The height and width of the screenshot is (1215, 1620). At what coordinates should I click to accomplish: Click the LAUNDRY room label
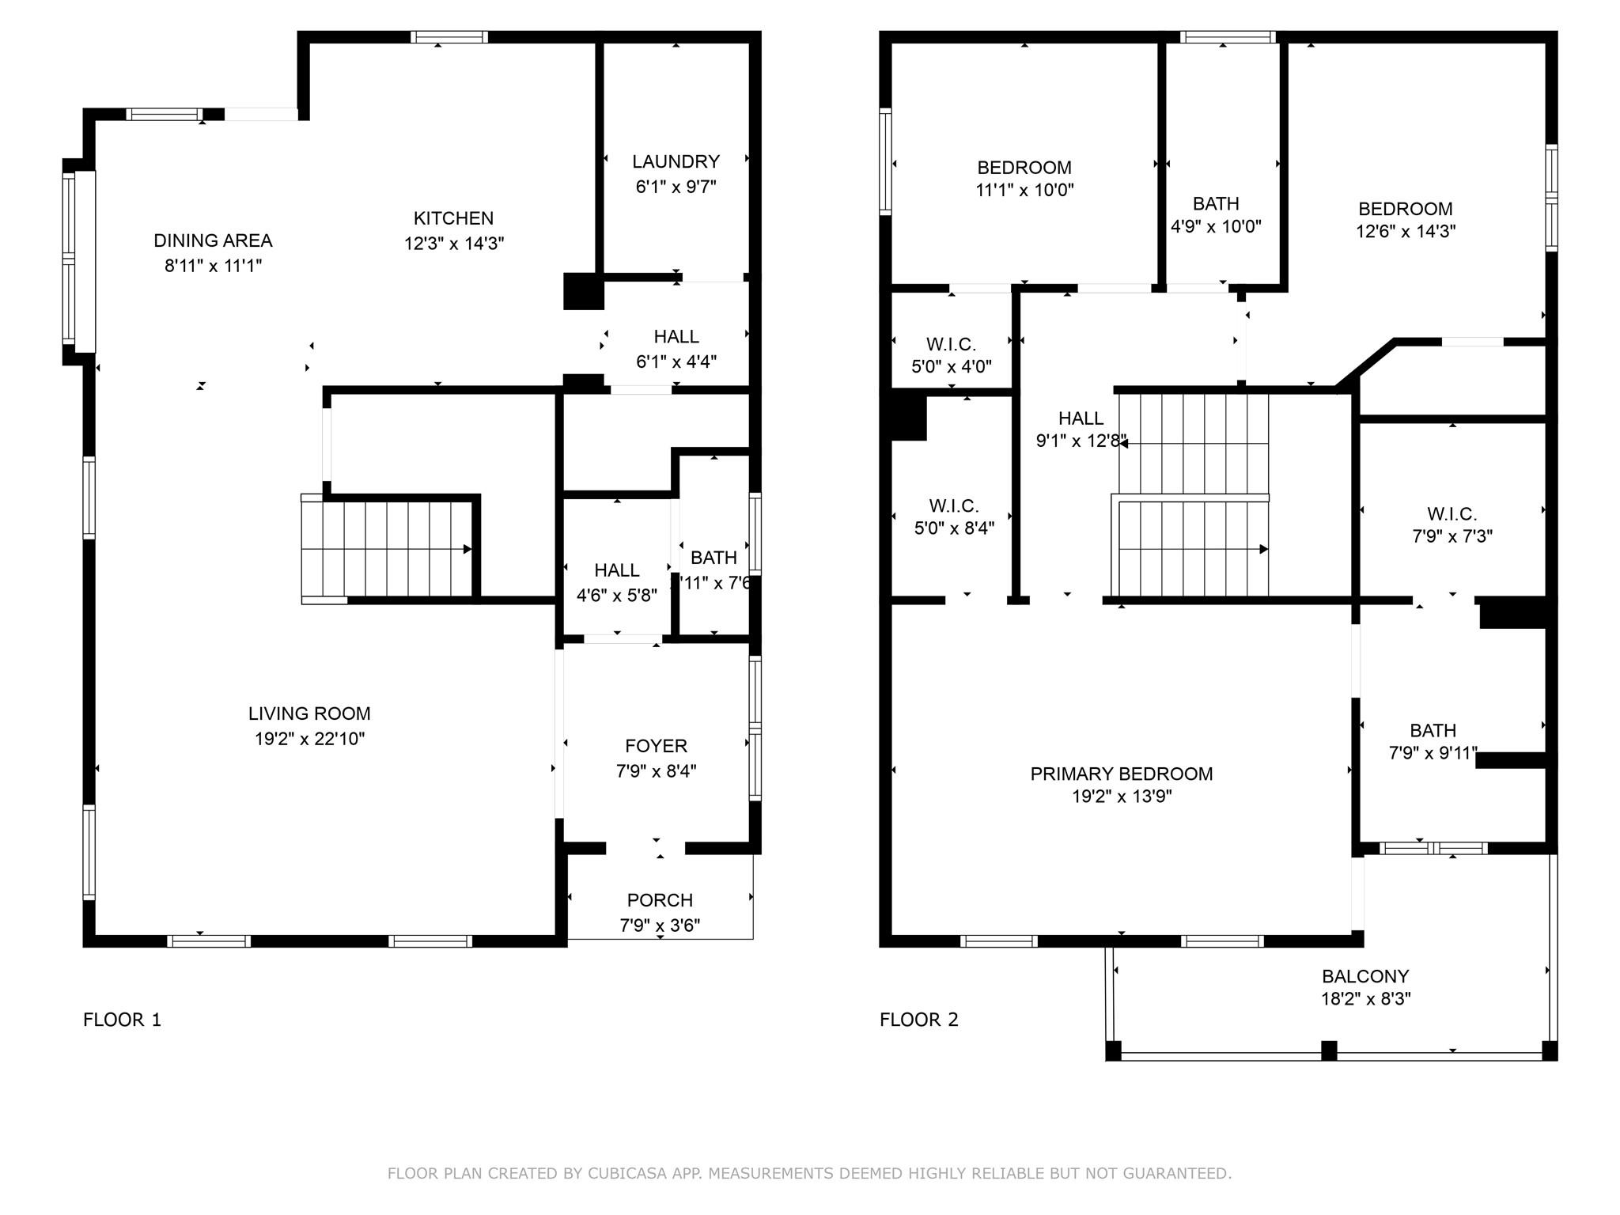(x=676, y=161)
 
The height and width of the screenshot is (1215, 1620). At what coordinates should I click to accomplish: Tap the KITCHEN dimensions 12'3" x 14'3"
(x=454, y=243)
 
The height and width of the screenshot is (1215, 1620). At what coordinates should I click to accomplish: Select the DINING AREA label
(x=213, y=240)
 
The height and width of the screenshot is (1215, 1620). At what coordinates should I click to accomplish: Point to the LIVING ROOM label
(x=309, y=713)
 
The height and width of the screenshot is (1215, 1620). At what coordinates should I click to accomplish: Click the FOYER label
(x=656, y=746)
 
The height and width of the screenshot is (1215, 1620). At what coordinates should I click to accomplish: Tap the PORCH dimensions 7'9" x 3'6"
(x=660, y=925)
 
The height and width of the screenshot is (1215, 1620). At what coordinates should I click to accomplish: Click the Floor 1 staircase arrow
(x=467, y=549)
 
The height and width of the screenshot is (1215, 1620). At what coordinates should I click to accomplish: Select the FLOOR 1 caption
(x=122, y=1020)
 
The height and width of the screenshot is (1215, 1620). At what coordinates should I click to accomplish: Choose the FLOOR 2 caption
(x=918, y=1020)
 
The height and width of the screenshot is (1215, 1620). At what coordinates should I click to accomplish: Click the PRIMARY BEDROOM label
(x=1121, y=774)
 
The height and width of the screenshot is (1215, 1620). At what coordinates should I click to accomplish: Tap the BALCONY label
(x=1365, y=976)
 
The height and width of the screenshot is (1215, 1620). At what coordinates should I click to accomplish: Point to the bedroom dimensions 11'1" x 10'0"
(x=1024, y=190)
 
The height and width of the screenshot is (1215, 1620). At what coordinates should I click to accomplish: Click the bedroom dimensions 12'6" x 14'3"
(x=1405, y=231)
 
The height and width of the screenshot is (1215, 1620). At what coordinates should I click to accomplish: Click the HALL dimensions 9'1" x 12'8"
(x=1081, y=441)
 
